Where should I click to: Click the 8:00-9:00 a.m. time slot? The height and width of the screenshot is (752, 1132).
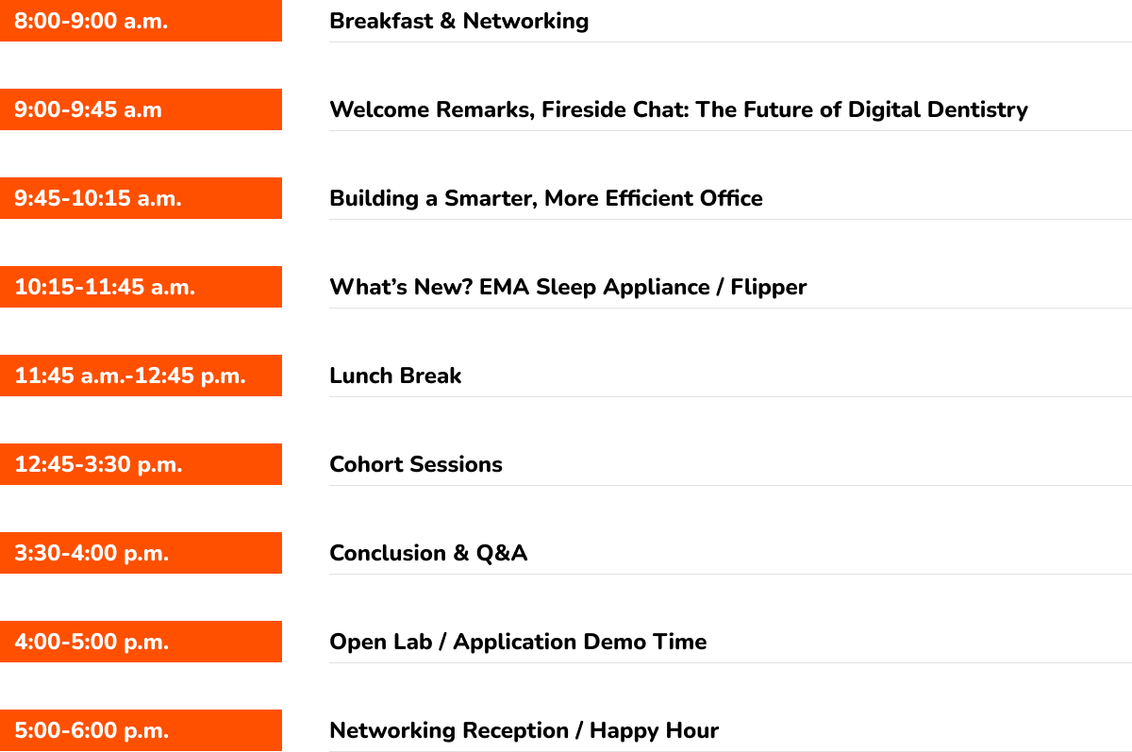pyautogui.click(x=92, y=21)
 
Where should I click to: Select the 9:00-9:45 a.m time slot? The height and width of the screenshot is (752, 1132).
pyautogui.click(x=88, y=109)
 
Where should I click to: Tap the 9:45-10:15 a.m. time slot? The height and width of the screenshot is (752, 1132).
pyautogui.click(x=98, y=198)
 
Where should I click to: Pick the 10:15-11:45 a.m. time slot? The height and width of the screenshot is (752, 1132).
pyautogui.click(x=105, y=287)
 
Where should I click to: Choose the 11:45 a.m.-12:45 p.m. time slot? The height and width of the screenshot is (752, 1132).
pyautogui.click(x=130, y=376)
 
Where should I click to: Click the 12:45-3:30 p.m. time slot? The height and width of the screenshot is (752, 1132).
pyautogui.click(x=98, y=464)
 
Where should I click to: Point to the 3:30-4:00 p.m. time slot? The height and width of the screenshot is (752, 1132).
pyautogui.click(x=92, y=553)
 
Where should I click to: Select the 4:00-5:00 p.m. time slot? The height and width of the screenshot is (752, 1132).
pyautogui.click(x=92, y=642)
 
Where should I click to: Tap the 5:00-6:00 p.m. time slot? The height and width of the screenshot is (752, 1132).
pyautogui.click(x=92, y=730)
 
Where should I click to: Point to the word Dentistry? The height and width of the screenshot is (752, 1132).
pyautogui.click(x=973, y=109)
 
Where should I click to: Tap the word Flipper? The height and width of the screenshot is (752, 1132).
pyautogui.click(x=768, y=287)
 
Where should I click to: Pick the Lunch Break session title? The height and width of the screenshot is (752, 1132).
pyautogui.click(x=395, y=376)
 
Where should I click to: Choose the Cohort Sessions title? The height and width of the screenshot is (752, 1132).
pyautogui.click(x=416, y=464)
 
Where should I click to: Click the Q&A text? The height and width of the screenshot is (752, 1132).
pyautogui.click(x=502, y=553)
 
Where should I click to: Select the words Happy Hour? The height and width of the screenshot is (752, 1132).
pyautogui.click(x=654, y=730)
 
